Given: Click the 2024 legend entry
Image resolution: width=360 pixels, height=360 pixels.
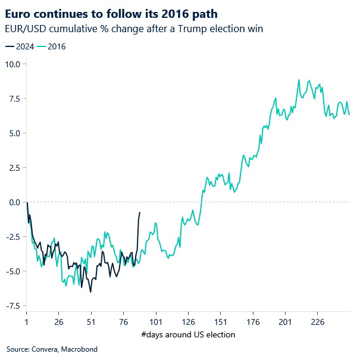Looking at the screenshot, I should tap(21, 46).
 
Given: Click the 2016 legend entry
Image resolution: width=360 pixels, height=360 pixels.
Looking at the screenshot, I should tap(53, 46).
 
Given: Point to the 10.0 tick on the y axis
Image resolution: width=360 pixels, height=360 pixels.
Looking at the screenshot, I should tap(12, 64).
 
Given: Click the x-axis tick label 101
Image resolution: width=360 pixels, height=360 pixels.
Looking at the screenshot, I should tap(155, 321).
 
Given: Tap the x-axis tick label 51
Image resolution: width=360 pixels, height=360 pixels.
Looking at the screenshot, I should tap(91, 321).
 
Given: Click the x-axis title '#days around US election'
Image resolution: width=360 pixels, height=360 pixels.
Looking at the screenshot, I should tap(188, 334).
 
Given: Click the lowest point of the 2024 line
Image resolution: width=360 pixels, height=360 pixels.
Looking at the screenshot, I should tap(90, 292).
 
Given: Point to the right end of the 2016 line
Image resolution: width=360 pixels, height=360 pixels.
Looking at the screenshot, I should tap(349, 115).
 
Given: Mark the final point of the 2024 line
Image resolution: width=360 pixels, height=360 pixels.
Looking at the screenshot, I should tap(140, 212).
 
